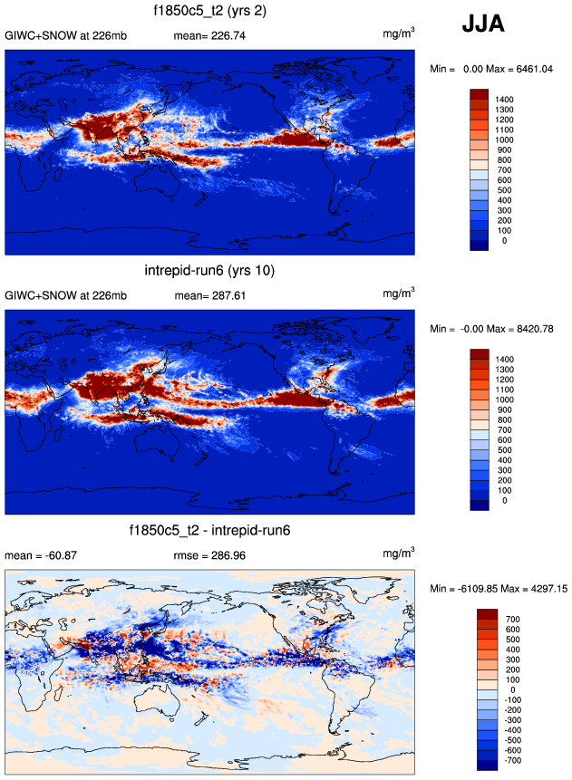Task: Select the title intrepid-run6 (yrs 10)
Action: pyautogui.click(x=209, y=271)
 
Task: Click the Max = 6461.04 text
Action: pyautogui.click(x=522, y=69)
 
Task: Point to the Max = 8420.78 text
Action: pyautogui.click(x=522, y=328)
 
